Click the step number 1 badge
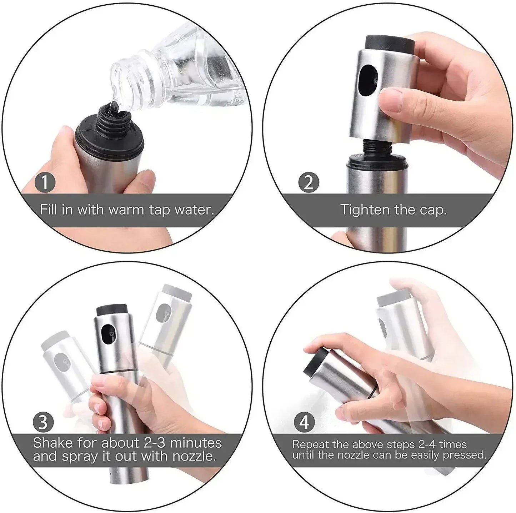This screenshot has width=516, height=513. click(45, 182)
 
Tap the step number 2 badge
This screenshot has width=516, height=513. click(309, 182)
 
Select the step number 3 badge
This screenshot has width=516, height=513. click(43, 422)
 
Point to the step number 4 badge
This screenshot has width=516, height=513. click(304, 422)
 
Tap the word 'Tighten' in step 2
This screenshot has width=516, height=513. click(365, 210)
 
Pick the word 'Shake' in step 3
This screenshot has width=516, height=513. click(52, 443)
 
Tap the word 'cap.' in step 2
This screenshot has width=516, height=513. click(432, 210)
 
